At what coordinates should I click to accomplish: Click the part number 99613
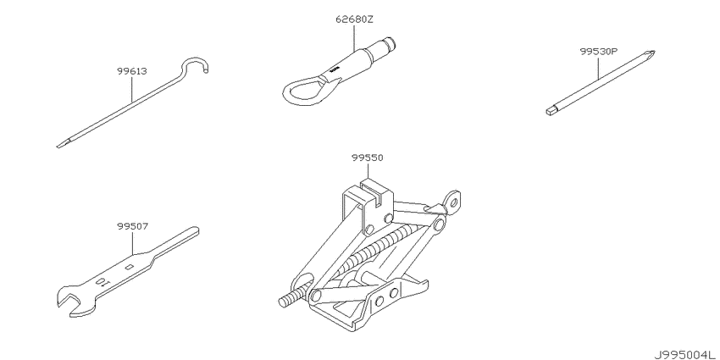pos(132,71)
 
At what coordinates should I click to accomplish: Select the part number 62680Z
pos(354,19)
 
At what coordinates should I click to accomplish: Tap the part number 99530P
pos(598,52)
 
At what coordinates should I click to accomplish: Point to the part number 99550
pos(368,158)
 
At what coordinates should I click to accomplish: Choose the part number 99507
pos(132,226)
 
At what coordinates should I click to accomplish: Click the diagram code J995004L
pos(686,354)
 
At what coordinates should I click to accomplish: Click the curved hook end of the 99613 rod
pos(197,64)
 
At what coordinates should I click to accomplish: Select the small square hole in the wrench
pos(130,266)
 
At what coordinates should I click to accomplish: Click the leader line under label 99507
pos(132,243)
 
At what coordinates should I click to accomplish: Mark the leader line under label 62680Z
pos(354,37)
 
